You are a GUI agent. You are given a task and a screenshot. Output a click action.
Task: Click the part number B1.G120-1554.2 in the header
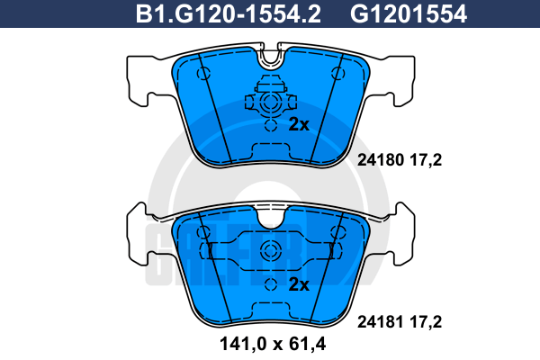[x=229, y=14]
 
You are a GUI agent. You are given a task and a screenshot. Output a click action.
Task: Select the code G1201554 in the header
[x=409, y=14]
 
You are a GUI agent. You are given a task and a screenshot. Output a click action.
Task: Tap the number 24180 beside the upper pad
[x=380, y=160]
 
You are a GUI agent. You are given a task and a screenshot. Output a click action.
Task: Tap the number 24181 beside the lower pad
[x=380, y=322]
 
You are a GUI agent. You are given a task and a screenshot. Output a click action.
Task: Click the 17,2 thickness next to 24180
[x=426, y=160]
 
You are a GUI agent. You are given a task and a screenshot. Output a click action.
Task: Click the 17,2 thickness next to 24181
[x=426, y=322]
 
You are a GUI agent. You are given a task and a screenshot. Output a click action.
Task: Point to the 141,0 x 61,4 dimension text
[x=273, y=344]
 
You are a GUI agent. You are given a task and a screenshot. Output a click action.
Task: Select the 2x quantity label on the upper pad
[x=299, y=124]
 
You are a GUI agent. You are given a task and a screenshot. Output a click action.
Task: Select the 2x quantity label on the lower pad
[x=299, y=284]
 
